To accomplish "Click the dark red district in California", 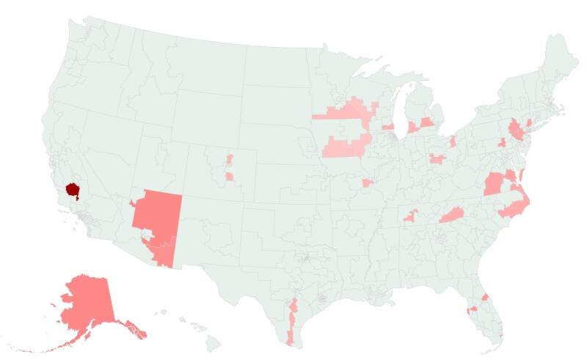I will click(x=73, y=189).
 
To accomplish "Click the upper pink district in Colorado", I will click(x=230, y=158).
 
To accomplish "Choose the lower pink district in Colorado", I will click(x=230, y=176).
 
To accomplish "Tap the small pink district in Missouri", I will click(x=367, y=182).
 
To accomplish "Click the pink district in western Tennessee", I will click(x=409, y=216).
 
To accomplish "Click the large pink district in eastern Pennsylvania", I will click(x=518, y=131).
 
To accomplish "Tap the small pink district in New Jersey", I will click(x=529, y=122).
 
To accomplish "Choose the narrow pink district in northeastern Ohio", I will click(x=453, y=140).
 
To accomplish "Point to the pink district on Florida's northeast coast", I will click(x=485, y=296).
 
